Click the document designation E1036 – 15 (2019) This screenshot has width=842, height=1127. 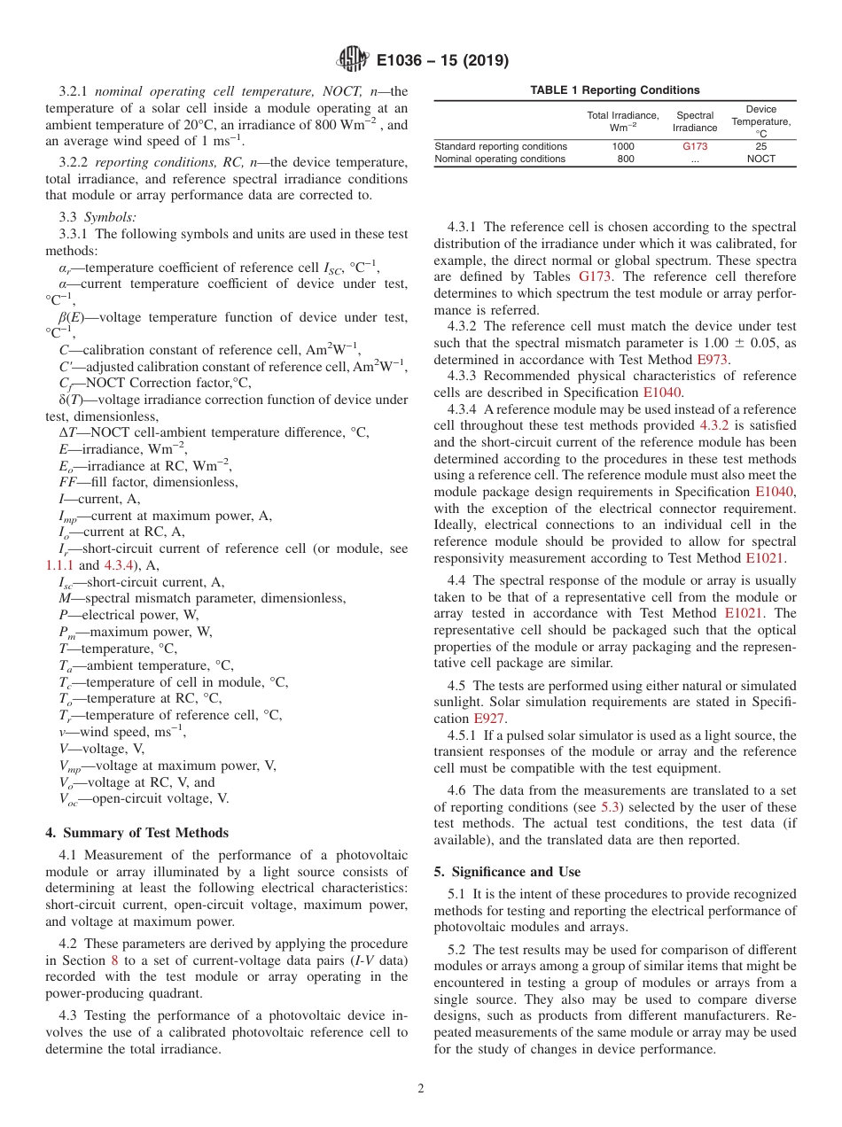442,61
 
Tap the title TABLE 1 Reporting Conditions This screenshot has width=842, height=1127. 614,90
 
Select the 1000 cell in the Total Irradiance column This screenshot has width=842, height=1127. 625,146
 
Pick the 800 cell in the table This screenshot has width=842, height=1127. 625,159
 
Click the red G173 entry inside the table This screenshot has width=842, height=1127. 695,146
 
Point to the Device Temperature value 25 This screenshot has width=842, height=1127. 760,146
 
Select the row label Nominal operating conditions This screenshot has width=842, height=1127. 500,159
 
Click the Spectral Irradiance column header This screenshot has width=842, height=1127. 695,121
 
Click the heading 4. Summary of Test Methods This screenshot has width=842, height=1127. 136,833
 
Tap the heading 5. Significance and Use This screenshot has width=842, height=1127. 507,872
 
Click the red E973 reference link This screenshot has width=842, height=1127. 713,360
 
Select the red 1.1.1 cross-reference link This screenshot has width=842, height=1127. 59,565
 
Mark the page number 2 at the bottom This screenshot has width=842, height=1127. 421,1089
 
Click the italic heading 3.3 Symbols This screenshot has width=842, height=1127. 93,217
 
